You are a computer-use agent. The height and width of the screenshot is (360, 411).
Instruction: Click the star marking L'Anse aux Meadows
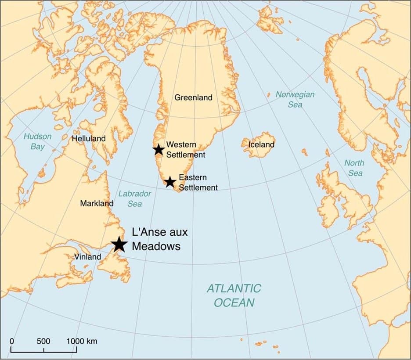pyautogui.click(x=119, y=244)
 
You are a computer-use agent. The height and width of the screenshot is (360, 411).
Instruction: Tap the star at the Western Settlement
pyautogui.click(x=159, y=150)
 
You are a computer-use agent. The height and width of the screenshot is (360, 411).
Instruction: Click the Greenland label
pyautogui.click(x=193, y=97)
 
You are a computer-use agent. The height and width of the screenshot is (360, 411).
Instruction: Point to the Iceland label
pyautogui.click(x=261, y=144)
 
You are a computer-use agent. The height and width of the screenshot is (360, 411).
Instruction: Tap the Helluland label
pyautogui.click(x=89, y=138)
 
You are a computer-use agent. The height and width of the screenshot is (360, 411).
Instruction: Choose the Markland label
pyautogui.click(x=97, y=203)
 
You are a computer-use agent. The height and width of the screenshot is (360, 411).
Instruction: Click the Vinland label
pyautogui.click(x=87, y=257)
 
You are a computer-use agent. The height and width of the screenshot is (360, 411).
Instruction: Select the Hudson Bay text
pyautogui.click(x=37, y=141)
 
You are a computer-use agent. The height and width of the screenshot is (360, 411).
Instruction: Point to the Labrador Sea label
pyautogui.click(x=135, y=198)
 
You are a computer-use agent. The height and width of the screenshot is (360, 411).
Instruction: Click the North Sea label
pyautogui.click(x=354, y=168)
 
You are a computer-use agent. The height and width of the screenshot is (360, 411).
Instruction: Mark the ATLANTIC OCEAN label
pyautogui.click(x=234, y=295)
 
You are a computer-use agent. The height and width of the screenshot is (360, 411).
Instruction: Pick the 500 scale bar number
pyautogui.click(x=43, y=341)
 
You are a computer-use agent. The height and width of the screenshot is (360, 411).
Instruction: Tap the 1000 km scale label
pyautogui.click(x=82, y=341)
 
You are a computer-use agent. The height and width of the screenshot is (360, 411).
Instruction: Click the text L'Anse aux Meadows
pyautogui.click(x=156, y=239)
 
